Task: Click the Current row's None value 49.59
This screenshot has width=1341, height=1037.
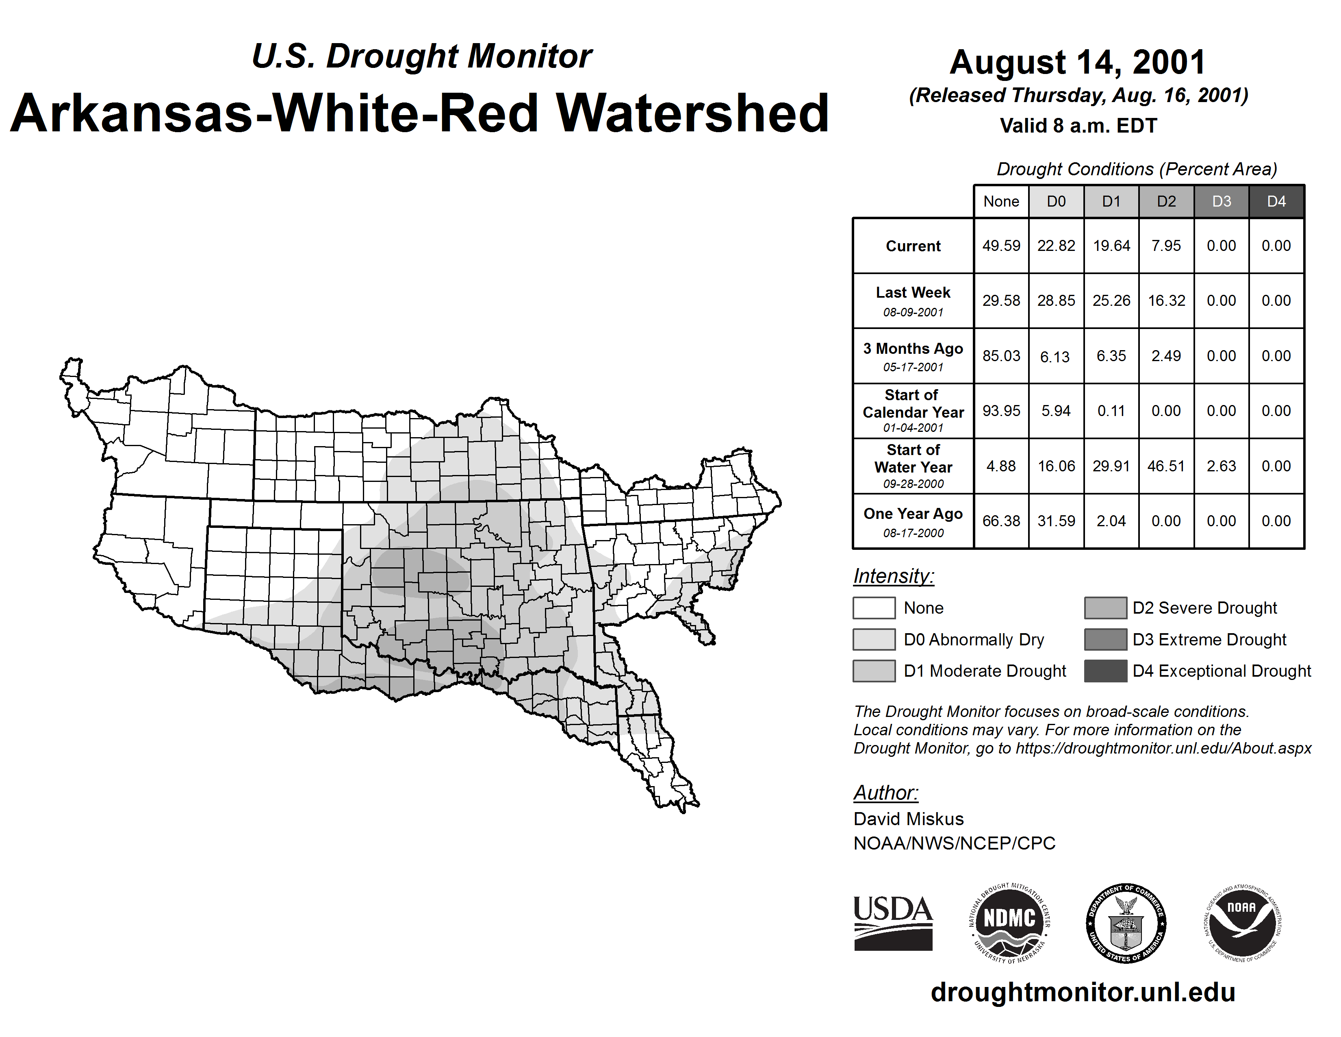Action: [1001, 246]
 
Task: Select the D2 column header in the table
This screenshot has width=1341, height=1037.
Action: [1166, 201]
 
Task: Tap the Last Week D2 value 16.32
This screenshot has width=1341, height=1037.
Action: [1166, 301]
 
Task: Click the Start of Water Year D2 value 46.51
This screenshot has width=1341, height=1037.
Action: [1166, 466]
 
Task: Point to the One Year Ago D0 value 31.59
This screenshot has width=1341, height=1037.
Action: [1056, 521]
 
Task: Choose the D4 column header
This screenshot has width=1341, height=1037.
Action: [1276, 201]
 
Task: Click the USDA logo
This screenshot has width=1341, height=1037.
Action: [893, 923]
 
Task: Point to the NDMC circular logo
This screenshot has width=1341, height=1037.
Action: [1009, 923]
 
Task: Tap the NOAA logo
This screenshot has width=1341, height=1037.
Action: [1241, 923]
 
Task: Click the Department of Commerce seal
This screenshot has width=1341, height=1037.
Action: [1126, 923]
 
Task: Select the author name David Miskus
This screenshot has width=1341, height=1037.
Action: [908, 819]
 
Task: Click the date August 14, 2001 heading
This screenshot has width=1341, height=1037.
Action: [1078, 62]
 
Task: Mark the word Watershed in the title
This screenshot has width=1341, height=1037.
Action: [692, 113]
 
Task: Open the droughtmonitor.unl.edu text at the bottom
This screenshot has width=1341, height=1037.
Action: [1083, 992]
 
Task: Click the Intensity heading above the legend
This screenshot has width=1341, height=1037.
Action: [893, 576]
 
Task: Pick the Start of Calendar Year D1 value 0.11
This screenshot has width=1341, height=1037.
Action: [1111, 411]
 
